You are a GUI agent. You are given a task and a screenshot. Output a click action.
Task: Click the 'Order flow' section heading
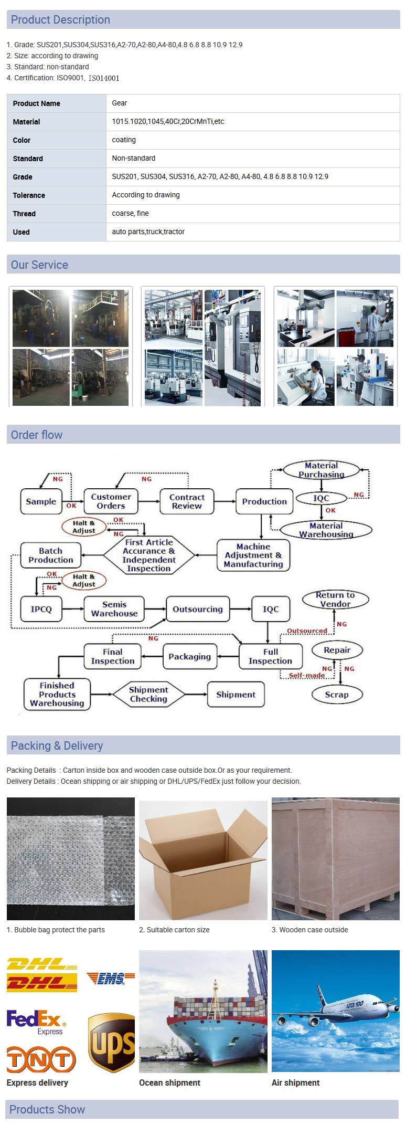[37, 435]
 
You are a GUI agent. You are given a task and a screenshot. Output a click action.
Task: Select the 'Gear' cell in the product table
[120, 103]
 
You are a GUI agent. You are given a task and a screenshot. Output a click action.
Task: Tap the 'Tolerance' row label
[29, 195]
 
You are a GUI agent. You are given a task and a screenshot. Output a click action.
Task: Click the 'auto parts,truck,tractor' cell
[148, 232]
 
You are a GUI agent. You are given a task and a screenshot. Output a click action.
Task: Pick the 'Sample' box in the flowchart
[41, 501]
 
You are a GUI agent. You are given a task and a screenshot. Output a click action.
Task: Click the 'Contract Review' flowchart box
[187, 501]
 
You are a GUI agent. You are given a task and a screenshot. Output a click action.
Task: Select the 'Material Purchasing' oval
[321, 470]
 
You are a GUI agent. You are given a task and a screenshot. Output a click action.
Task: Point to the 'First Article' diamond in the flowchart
[149, 555]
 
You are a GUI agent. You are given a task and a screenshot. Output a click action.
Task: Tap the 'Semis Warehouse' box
[114, 609]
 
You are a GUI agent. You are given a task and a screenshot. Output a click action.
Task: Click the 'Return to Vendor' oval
[335, 600]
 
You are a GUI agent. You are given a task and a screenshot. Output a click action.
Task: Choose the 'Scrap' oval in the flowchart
[336, 695]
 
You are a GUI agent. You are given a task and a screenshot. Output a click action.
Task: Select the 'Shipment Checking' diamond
[148, 695]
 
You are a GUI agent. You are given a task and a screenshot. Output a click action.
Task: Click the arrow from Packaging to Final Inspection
[152, 657]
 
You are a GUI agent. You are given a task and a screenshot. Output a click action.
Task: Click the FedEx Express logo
[36, 1022]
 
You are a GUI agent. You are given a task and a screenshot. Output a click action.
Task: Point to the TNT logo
[41, 1060]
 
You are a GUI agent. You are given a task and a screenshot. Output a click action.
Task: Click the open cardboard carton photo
[203, 860]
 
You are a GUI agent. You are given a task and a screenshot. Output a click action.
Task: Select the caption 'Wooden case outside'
[313, 930]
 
